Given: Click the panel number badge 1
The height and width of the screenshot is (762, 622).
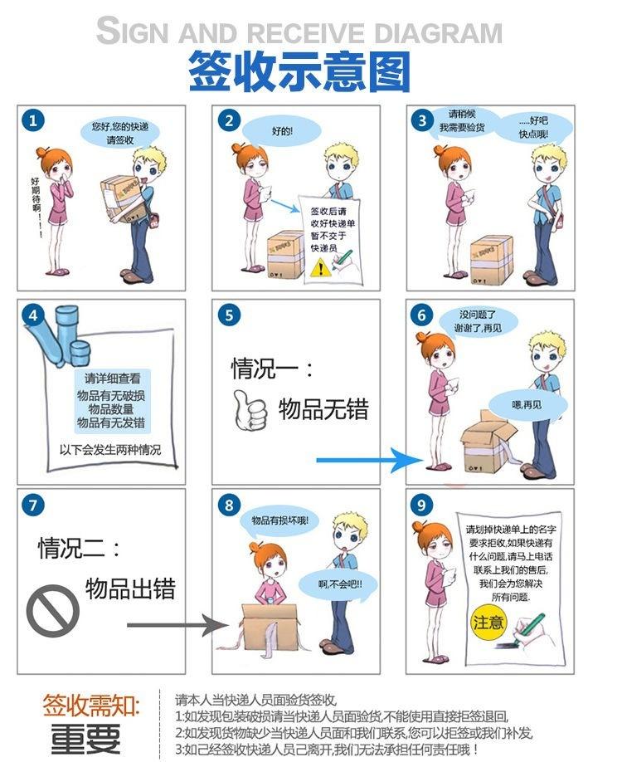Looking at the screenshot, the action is pos(32,120).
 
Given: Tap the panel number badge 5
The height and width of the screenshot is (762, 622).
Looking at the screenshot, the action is pos(229,315).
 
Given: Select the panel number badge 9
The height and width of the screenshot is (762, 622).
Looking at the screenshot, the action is pos(421,506).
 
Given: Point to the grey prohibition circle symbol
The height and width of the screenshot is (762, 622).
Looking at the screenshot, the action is pos(52,610).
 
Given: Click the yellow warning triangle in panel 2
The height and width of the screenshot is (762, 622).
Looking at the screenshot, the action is pos(319,267).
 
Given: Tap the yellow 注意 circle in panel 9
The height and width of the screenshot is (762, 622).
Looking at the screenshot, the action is pos(488,623).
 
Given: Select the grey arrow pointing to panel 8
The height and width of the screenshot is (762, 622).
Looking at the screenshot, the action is pos(177,624).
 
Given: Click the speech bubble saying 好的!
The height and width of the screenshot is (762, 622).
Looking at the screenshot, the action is pos(282,130).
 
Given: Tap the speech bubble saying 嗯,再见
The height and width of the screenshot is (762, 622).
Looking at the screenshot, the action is pos(527,404).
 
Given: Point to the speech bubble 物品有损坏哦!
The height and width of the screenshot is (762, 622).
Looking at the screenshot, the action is pos(279,521).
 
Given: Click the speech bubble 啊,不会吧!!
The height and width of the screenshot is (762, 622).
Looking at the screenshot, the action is pos(339,584).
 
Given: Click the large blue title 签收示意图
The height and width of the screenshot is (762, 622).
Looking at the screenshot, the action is pos(299,71).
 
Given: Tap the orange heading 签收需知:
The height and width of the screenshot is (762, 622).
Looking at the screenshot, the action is pos(90,706).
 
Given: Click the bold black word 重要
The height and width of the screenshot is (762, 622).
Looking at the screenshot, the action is pos(85,739).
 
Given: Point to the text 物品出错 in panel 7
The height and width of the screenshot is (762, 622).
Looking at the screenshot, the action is pos(130,589).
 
